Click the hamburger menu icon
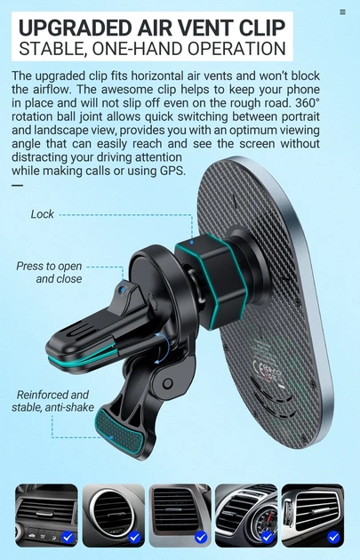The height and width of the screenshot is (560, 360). pos(342,12)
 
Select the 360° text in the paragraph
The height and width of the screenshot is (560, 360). pos(308,103)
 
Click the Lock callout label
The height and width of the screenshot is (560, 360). pos(42,214)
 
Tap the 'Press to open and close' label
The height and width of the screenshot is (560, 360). pos(49,272)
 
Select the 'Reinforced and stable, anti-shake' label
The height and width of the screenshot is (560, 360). pos(52,401)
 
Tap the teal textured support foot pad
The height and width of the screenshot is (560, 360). pos(119,431)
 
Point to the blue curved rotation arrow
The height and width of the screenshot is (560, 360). pos(164,349)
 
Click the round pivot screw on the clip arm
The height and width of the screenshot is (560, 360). pos(167,384)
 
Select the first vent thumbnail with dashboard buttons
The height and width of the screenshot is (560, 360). pos(46,516)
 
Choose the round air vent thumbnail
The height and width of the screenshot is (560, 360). pos(113,516)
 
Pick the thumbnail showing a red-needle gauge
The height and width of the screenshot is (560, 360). pos(246,516)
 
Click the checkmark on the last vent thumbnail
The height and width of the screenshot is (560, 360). pos(333,537)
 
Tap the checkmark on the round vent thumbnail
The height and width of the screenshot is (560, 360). pos(134,537)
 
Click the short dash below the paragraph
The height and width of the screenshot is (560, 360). pos(17,186)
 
